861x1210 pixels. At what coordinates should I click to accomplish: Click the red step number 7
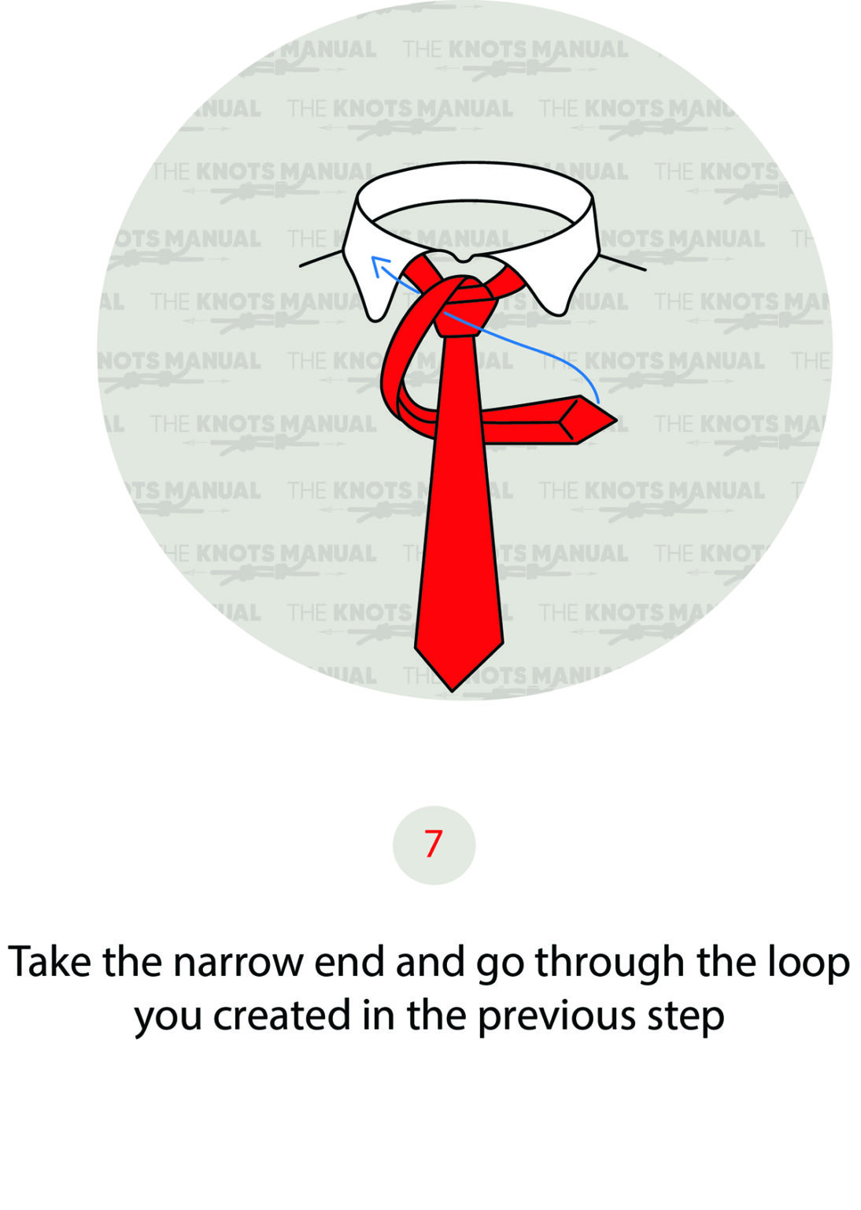coord(434,844)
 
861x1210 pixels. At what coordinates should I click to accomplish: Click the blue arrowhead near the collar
coord(376,262)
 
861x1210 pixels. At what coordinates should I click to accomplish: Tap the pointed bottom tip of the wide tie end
coord(453,690)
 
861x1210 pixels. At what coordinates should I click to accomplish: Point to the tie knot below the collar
coord(465,307)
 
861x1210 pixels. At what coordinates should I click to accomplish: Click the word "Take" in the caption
coord(50,963)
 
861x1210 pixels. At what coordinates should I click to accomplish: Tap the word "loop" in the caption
coord(807,963)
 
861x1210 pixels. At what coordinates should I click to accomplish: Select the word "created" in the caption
coord(282,1016)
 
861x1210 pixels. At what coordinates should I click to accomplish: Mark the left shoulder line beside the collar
coord(321,259)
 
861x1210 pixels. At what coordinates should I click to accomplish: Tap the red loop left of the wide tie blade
coord(397,370)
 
